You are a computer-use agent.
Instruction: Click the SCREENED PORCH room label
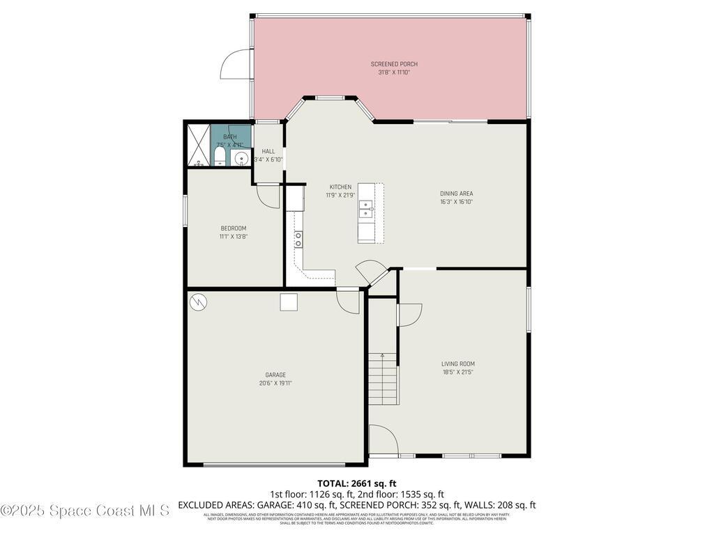click(394, 64)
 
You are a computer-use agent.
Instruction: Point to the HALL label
click(268, 151)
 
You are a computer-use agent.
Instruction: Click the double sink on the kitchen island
click(365, 207)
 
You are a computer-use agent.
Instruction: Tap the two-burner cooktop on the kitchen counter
click(298, 239)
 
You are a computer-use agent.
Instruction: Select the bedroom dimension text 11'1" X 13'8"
click(233, 237)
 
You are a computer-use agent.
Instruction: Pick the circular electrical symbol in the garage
click(198, 302)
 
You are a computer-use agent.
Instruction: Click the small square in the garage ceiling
click(289, 302)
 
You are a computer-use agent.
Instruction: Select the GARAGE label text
click(275, 375)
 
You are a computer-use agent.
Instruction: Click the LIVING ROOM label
click(457, 364)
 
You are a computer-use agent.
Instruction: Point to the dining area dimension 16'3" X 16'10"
click(457, 202)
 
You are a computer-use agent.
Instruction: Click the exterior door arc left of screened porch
click(235, 65)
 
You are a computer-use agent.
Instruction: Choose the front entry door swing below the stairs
click(383, 440)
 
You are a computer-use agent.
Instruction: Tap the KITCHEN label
click(340, 187)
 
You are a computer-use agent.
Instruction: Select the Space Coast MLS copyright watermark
click(84, 511)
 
